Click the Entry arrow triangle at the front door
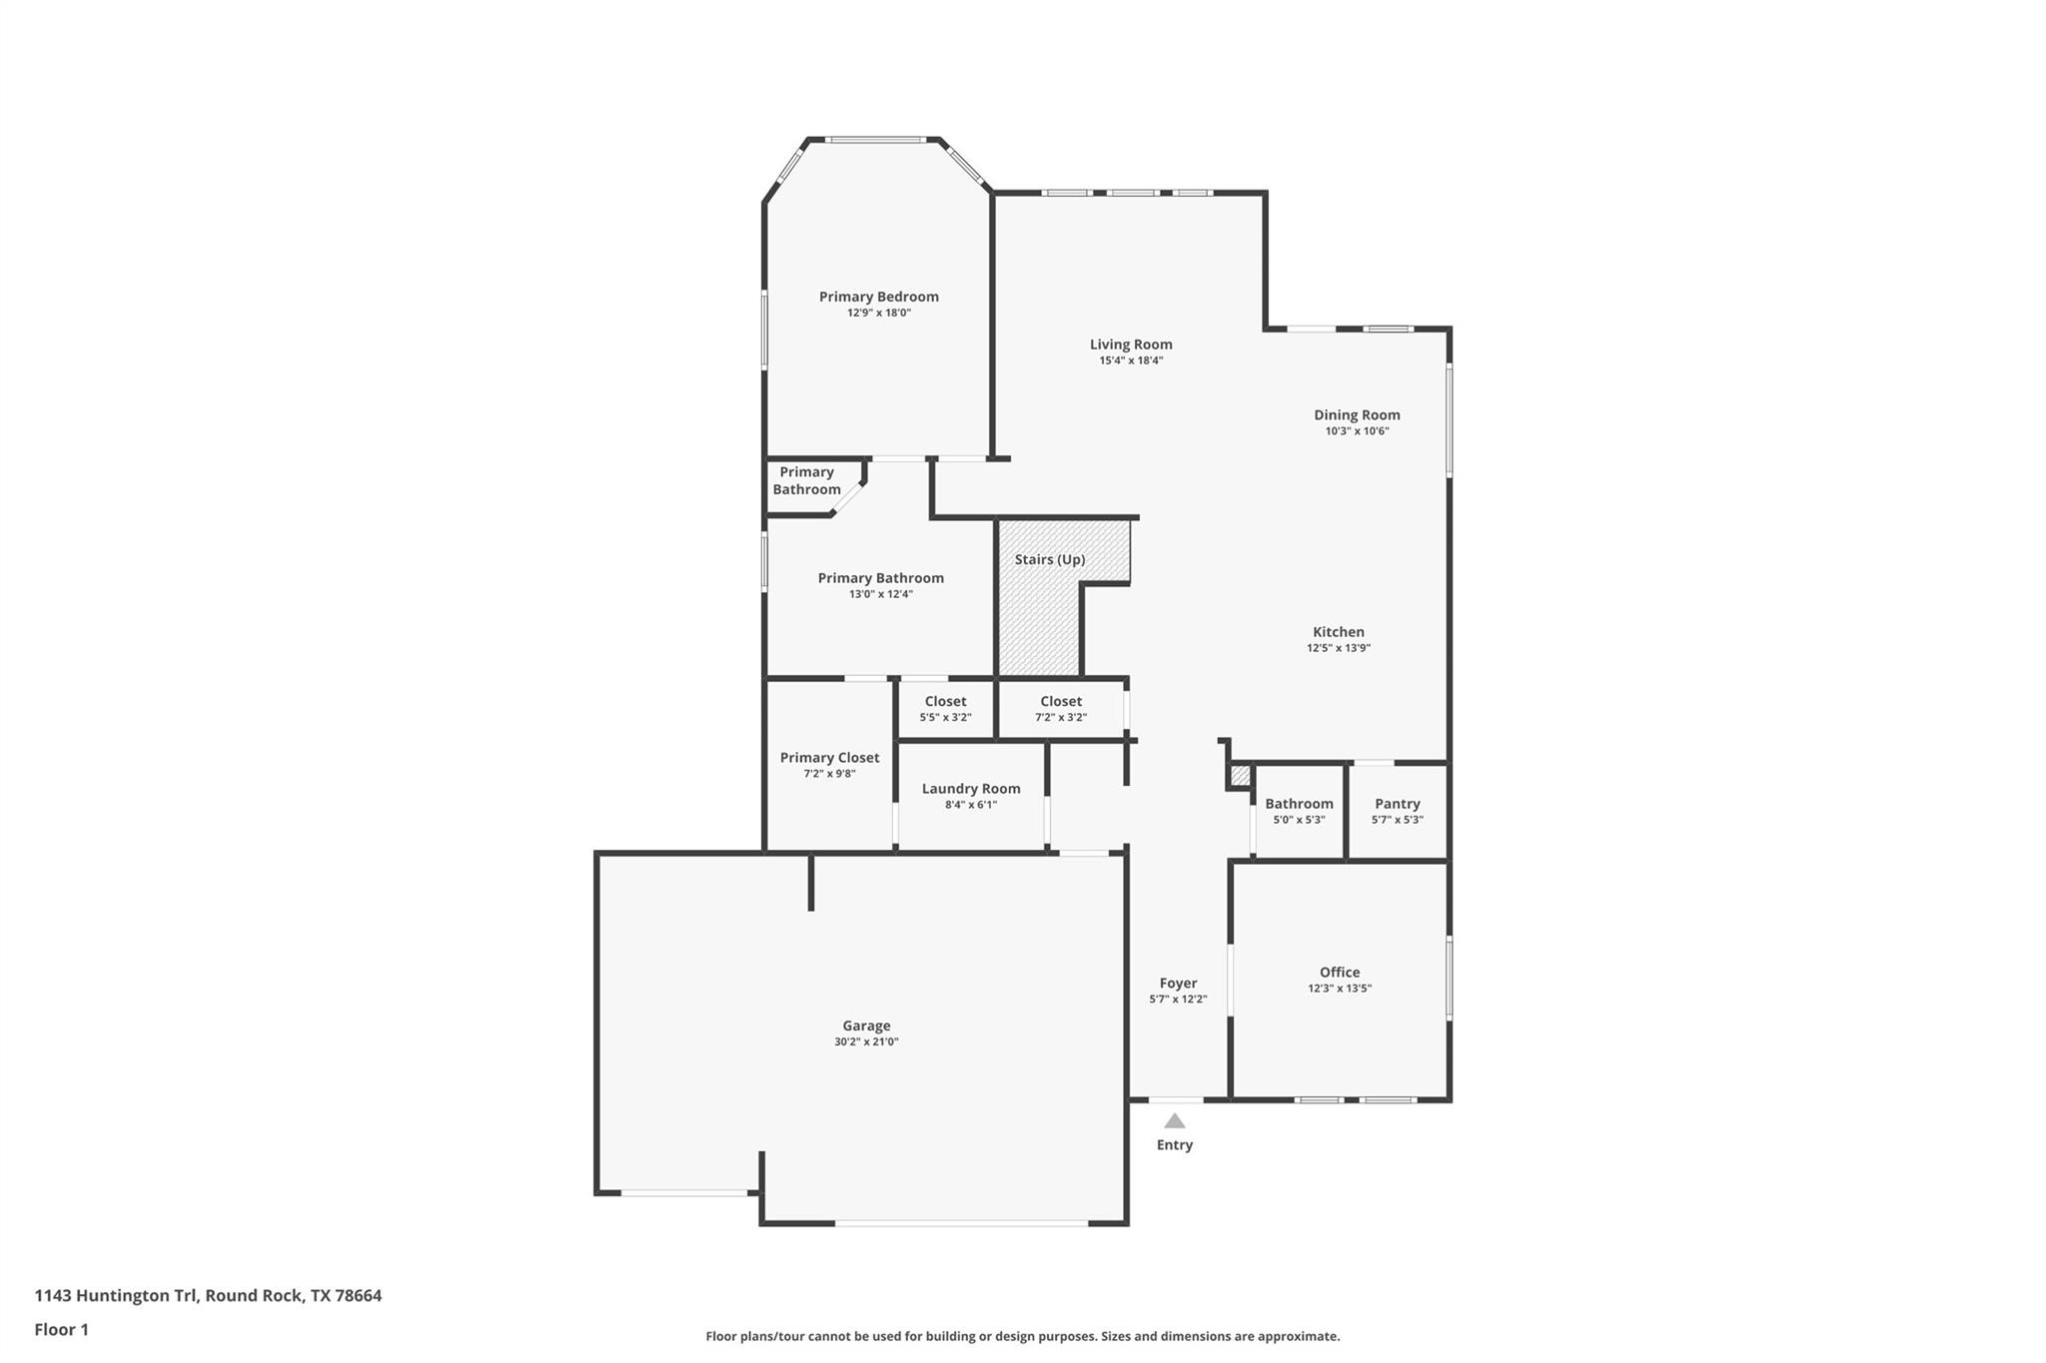(1175, 1121)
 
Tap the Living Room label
(1131, 344)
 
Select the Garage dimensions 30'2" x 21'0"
(866, 1041)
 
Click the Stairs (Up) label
(1049, 559)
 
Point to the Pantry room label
(1397, 804)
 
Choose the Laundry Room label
(971, 789)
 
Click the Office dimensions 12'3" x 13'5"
(1340, 989)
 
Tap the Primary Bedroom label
(878, 297)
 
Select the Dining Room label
(1357, 415)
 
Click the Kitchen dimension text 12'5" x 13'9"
(1339, 648)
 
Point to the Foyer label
(1178, 984)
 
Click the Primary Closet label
(829, 758)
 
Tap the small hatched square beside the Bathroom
(1240, 776)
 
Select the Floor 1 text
(61, 1329)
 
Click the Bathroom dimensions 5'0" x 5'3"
(1299, 820)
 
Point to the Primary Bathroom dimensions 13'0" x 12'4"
(880, 594)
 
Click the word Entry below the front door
(1175, 1145)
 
